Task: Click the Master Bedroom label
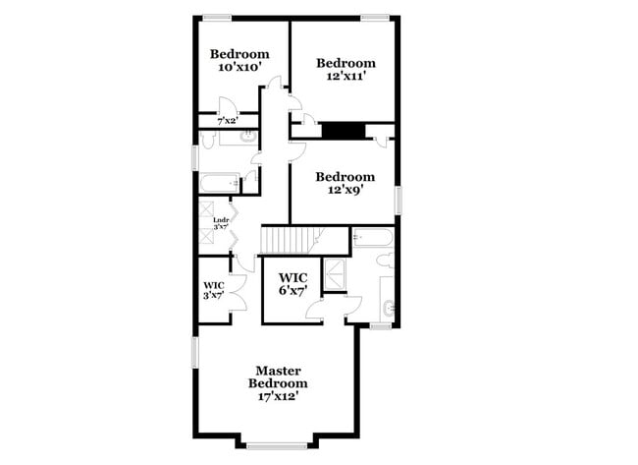click(278, 377)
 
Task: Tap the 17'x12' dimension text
click(278, 397)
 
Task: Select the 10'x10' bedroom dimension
click(239, 67)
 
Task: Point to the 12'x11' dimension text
click(346, 77)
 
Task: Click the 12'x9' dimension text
click(346, 191)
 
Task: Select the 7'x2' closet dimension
click(226, 120)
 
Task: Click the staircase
click(291, 240)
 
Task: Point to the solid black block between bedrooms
click(344, 130)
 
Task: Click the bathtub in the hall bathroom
click(219, 183)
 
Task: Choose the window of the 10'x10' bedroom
click(218, 16)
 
